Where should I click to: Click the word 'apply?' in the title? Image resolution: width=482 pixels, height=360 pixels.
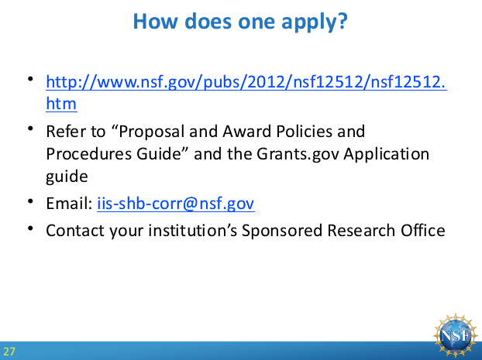315,22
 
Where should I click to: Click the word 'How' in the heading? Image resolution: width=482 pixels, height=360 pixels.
155,21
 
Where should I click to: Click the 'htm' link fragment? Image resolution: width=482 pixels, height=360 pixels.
61,104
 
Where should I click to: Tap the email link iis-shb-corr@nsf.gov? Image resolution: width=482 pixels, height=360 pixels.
176,204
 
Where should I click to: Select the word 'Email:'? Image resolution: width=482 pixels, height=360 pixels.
69,204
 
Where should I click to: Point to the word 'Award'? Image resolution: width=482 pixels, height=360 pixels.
246,132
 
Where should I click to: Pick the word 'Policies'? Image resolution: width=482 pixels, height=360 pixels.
304,132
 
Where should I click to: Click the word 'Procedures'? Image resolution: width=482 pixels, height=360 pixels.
89,154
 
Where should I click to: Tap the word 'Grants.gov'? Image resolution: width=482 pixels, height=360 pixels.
298,154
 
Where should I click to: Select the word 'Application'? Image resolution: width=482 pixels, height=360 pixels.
386,154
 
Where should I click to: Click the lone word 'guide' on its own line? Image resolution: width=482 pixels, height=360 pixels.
67,177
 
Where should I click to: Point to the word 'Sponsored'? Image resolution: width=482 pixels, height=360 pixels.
281,231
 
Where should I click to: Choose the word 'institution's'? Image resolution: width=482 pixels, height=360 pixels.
193,231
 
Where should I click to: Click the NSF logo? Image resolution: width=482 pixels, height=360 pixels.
456,335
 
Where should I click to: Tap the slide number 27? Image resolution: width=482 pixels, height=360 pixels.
9,351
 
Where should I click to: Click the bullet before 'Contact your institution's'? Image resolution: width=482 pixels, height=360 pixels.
30,228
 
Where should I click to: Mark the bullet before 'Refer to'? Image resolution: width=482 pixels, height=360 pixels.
30,129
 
